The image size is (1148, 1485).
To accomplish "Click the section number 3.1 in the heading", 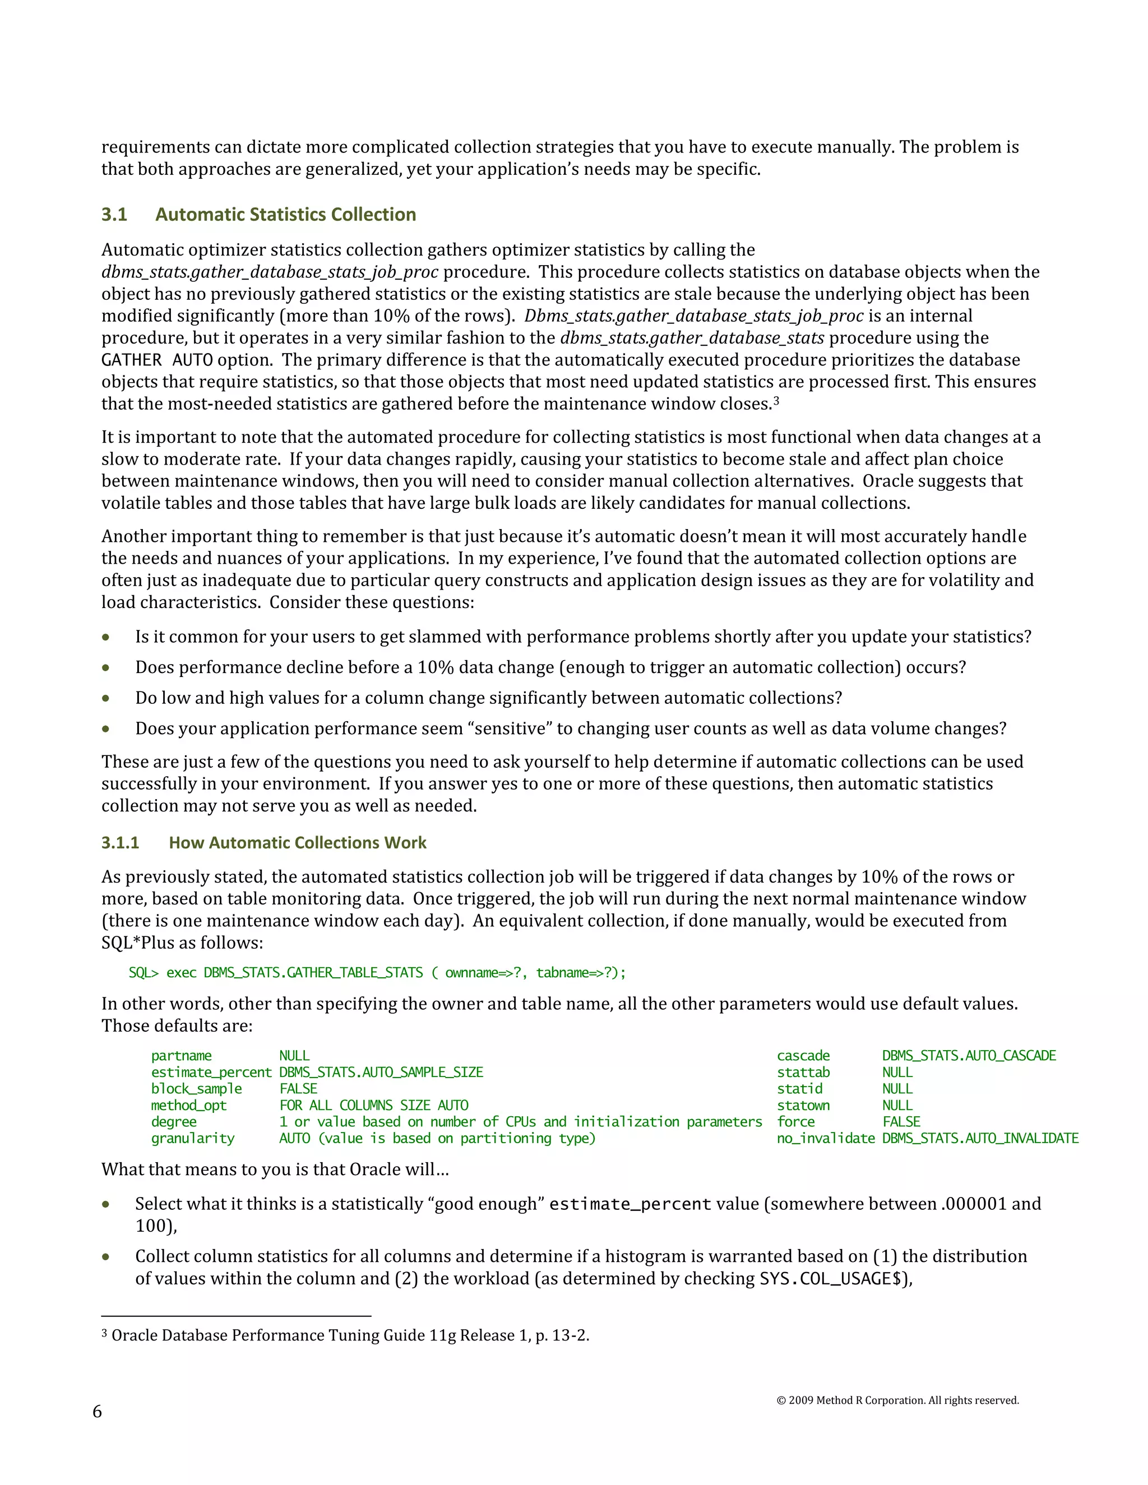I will (114, 215).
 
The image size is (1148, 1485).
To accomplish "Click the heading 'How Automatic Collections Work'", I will (297, 843).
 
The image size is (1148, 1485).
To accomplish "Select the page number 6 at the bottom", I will (97, 1412).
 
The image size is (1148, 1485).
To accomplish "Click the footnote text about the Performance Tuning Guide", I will (350, 1335).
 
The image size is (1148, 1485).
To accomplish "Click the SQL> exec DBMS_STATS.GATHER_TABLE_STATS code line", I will (377, 973).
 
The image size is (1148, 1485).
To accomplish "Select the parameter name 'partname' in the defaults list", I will (181, 1056).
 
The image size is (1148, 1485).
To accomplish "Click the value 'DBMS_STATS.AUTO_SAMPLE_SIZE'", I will (381, 1072).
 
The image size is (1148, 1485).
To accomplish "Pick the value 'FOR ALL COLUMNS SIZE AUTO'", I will (373, 1106).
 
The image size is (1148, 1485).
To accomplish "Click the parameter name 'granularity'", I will (192, 1138).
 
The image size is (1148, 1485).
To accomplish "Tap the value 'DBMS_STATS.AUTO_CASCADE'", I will (969, 1056).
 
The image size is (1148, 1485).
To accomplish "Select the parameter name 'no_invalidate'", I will (825, 1138).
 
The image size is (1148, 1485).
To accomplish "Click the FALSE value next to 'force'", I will (901, 1122).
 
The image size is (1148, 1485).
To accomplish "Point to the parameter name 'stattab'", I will (803, 1072).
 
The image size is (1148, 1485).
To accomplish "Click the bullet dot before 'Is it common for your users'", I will (106, 638).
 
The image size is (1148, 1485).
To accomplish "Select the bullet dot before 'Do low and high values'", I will (106, 698).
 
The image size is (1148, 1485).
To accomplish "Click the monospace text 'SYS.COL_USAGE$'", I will (834, 1279).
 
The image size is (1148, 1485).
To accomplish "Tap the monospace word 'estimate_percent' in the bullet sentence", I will (629, 1204).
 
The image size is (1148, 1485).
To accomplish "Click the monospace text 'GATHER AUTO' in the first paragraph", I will (157, 360).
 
